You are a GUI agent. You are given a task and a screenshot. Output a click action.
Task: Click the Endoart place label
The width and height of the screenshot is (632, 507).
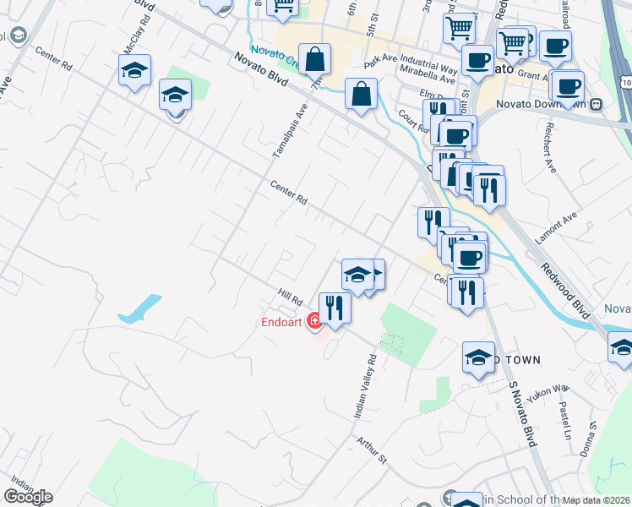(282, 321)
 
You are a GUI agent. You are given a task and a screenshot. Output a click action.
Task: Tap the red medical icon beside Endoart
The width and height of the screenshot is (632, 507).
(313, 321)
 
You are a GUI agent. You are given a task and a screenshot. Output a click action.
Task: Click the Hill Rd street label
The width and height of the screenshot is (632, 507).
(291, 297)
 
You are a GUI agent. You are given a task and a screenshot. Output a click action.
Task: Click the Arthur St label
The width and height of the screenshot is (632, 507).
(371, 450)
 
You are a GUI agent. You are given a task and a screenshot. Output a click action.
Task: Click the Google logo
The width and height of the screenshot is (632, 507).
(28, 497)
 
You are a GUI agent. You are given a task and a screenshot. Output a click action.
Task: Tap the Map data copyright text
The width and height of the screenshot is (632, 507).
(597, 500)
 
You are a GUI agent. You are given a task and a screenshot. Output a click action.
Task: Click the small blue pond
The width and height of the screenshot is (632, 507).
(140, 308)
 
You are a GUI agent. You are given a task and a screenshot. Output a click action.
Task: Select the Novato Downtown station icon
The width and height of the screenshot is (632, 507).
(597, 104)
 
